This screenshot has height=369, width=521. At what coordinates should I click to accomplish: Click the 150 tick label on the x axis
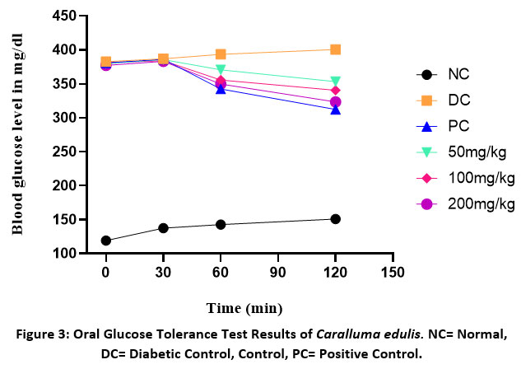393,271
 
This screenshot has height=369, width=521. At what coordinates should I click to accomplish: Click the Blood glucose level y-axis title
19,134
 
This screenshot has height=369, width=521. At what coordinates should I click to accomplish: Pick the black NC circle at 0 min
105,241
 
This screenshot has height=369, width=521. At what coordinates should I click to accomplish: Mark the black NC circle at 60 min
221,224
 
